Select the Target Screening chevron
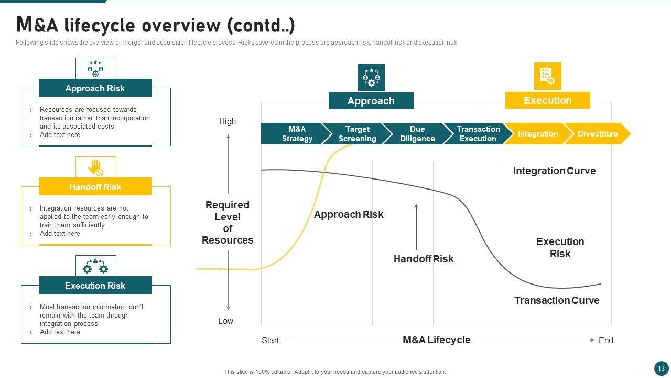[357, 134]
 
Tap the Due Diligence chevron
[417, 134]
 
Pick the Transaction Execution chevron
[478, 134]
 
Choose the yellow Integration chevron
[538, 134]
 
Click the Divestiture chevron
[597, 134]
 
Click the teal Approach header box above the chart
[371, 101]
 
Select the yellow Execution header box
[548, 100]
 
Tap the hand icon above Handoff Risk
[95, 167]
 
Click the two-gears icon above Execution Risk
[95, 266]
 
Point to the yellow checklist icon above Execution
[548, 76]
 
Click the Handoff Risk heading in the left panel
[95, 186]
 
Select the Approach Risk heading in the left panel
[95, 88]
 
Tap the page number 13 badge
[661, 368]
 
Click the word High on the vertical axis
[228, 121]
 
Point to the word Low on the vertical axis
[225, 321]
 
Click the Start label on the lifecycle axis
[270, 340]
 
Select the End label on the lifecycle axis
[605, 340]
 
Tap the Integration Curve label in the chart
[554, 171]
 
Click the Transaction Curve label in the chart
[557, 300]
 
